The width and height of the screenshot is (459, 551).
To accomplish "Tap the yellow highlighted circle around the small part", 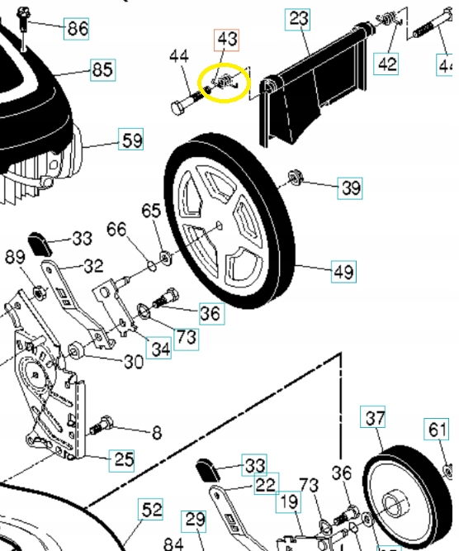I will (x=225, y=83).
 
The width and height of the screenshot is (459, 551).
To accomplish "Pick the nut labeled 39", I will (x=294, y=177).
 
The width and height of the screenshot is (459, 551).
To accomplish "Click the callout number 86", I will (x=77, y=29).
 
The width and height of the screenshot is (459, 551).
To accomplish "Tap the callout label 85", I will (x=102, y=70).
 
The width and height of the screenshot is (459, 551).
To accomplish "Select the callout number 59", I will (x=131, y=140).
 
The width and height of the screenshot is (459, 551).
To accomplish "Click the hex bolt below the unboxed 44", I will (x=183, y=107).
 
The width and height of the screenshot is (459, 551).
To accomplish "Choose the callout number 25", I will (x=123, y=459).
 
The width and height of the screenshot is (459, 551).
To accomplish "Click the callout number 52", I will (x=151, y=510).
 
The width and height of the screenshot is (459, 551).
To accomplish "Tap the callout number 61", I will (x=438, y=430).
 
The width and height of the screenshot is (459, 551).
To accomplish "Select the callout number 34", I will (x=159, y=348).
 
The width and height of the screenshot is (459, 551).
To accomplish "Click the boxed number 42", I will (x=386, y=63).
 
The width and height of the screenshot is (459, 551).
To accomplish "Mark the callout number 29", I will (x=195, y=520).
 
